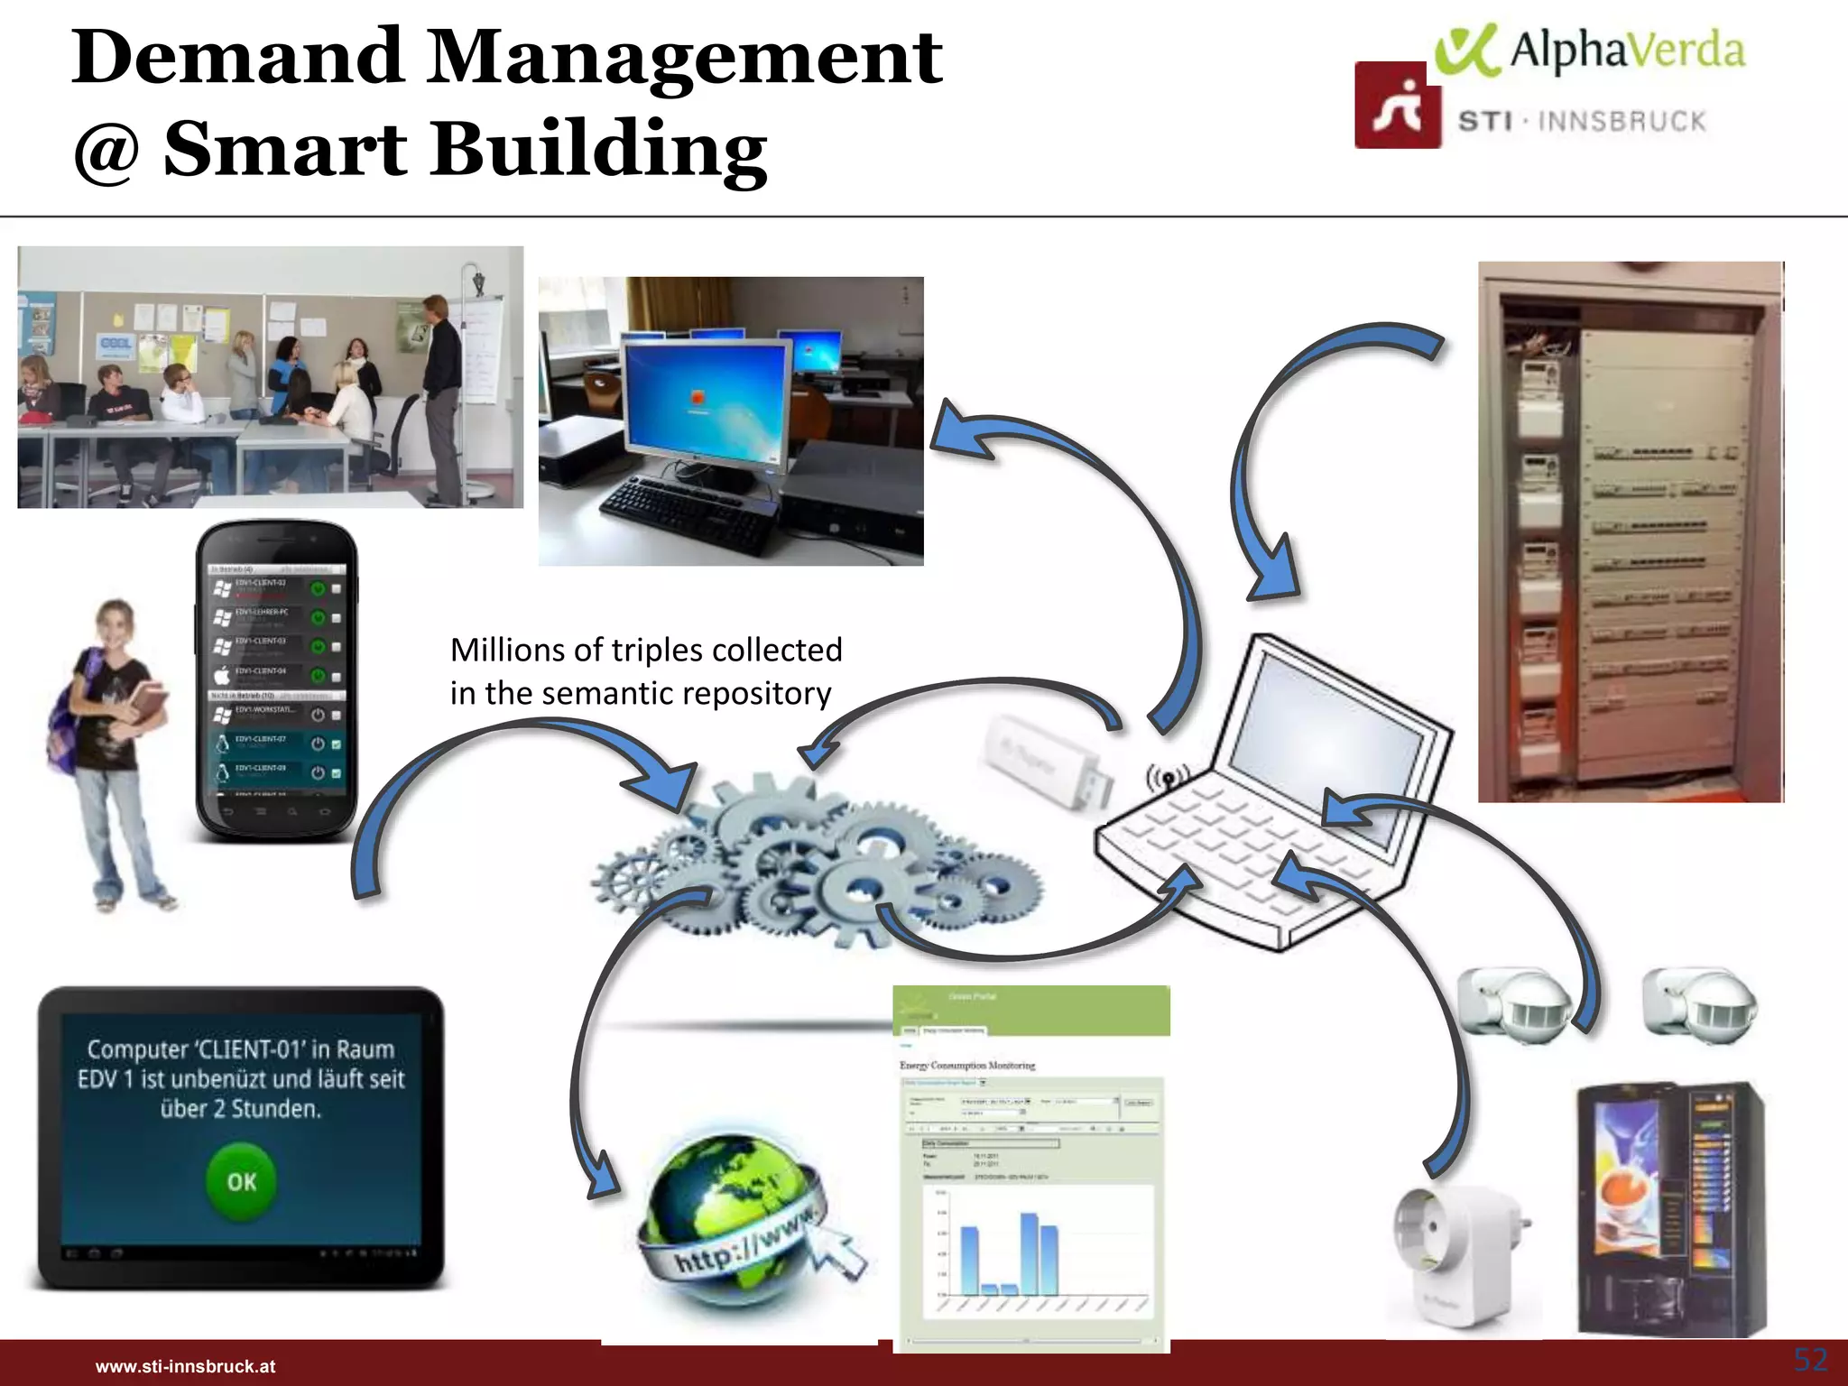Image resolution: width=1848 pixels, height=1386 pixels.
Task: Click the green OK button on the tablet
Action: click(x=241, y=1182)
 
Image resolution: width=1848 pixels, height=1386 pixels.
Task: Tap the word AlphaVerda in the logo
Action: click(x=1626, y=51)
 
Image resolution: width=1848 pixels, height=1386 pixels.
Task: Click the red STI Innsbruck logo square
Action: click(x=1397, y=106)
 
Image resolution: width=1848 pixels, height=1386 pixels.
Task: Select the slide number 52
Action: click(x=1810, y=1359)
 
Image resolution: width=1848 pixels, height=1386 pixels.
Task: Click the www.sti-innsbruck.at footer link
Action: click(x=185, y=1366)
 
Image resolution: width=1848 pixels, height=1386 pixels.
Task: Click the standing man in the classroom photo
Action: click(x=441, y=397)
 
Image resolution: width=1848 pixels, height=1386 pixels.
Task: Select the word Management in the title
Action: click(x=685, y=58)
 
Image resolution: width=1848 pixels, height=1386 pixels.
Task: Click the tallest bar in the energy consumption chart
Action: click(x=1029, y=1254)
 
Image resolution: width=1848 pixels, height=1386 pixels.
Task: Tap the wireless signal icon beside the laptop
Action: click(x=1167, y=775)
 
